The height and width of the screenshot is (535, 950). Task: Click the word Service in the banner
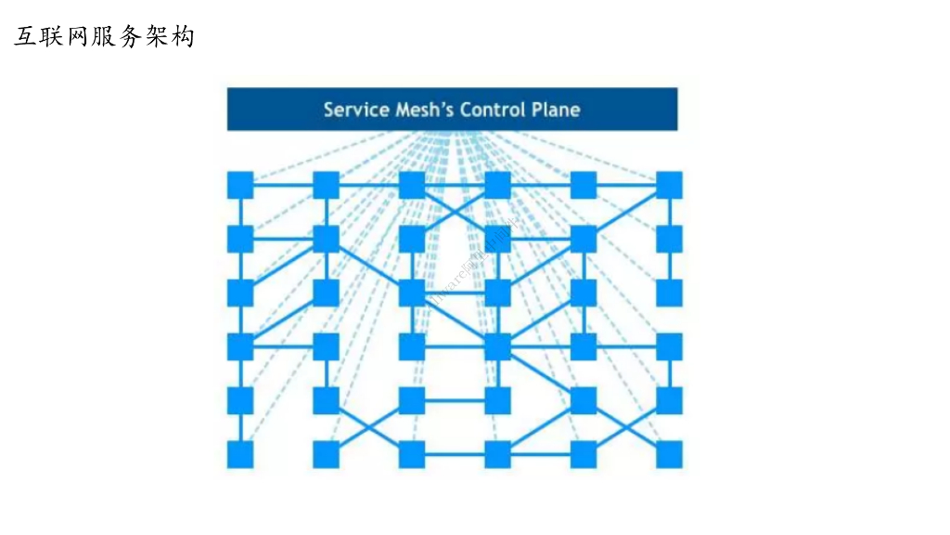pyautogui.click(x=354, y=110)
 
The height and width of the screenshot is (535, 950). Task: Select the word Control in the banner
pyautogui.click(x=494, y=110)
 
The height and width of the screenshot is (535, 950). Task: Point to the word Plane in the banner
pyautogui.click(x=557, y=110)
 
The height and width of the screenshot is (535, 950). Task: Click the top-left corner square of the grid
pyautogui.click(x=240, y=185)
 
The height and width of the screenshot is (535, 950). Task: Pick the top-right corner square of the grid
pyautogui.click(x=669, y=185)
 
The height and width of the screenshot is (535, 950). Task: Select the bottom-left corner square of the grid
pyautogui.click(x=240, y=454)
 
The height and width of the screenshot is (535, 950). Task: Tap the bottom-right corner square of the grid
pyautogui.click(x=669, y=454)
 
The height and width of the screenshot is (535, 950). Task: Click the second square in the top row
pyautogui.click(x=326, y=185)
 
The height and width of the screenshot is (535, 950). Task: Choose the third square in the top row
pyautogui.click(x=412, y=185)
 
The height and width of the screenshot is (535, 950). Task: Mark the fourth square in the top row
pyautogui.click(x=497, y=185)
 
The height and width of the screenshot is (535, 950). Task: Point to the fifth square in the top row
pyautogui.click(x=583, y=185)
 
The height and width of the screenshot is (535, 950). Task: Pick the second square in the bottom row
pyautogui.click(x=326, y=454)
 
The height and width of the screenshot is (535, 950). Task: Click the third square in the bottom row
pyautogui.click(x=412, y=454)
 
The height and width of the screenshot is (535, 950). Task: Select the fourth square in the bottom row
pyautogui.click(x=497, y=454)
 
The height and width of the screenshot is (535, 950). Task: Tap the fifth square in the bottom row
pyautogui.click(x=583, y=454)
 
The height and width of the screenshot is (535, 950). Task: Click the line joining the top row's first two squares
pyautogui.click(x=283, y=185)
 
